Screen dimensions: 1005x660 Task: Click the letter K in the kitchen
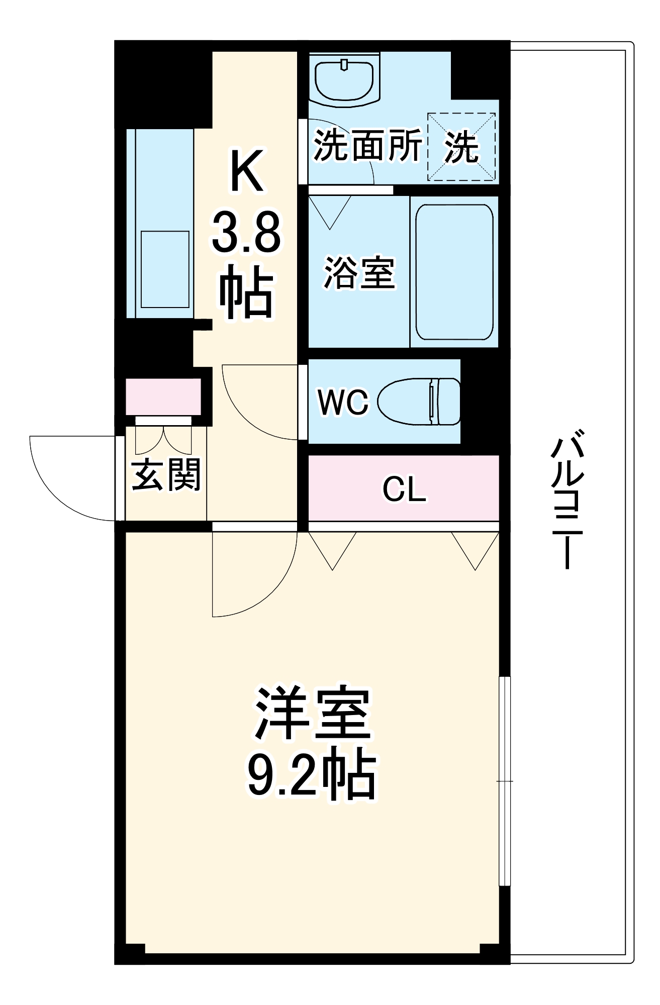pos(246,171)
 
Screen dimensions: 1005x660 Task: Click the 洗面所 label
pos(367,146)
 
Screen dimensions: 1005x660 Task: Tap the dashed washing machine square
pos(461,147)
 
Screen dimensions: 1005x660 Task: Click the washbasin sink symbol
pos(344,80)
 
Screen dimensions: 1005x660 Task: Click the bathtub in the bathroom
pos(454,272)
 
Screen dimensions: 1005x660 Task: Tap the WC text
pos(343,402)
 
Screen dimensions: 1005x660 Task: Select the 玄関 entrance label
pos(166,474)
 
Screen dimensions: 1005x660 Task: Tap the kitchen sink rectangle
pos(165,269)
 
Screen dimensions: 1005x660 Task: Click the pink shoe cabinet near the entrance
pos(163,397)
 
